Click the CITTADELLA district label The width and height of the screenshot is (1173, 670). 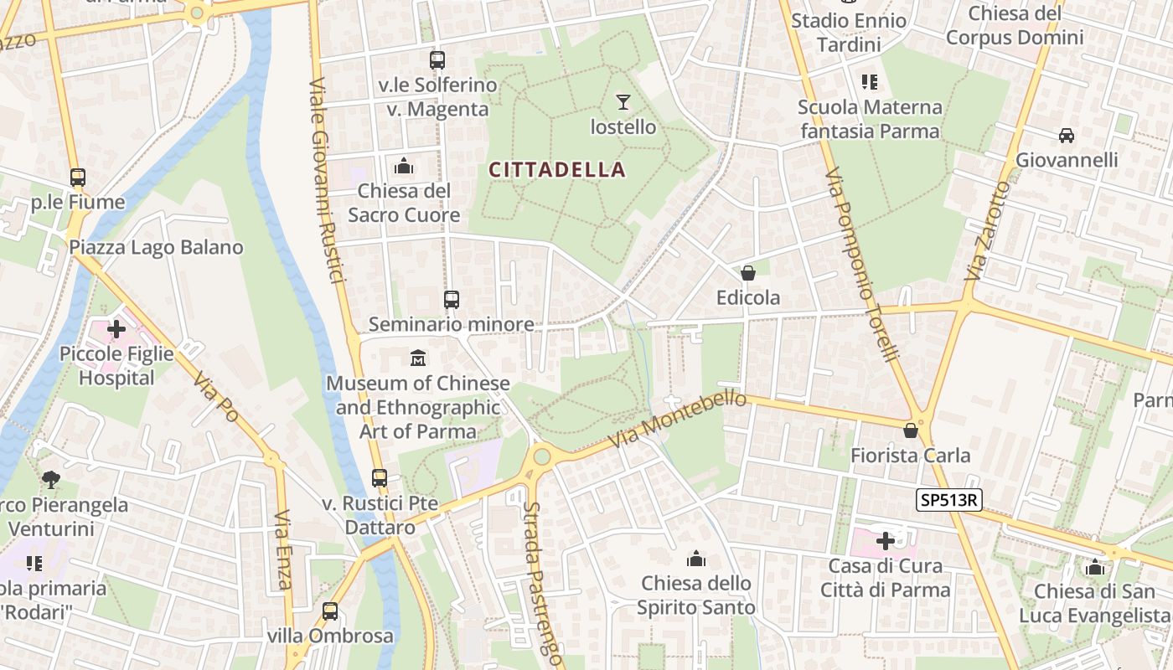[x=557, y=170]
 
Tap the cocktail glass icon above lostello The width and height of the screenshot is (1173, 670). [x=623, y=102]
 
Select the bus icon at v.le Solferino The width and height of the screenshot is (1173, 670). [x=437, y=60]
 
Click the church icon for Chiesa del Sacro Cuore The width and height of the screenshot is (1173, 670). [x=404, y=166]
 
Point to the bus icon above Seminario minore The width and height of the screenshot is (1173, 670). [x=452, y=299]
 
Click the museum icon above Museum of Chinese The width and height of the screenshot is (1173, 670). [x=418, y=358]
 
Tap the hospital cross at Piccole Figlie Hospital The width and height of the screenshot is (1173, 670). [x=116, y=329]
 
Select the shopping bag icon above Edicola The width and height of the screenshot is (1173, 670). [x=748, y=273]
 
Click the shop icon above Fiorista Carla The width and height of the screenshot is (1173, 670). [x=911, y=430]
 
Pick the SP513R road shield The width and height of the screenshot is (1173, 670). [x=948, y=500]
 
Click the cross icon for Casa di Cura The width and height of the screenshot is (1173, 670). [x=886, y=541]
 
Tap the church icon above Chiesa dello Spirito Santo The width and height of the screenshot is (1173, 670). [x=696, y=559]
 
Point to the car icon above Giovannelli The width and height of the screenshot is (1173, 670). [x=1067, y=135]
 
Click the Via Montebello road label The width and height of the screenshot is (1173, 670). [x=678, y=419]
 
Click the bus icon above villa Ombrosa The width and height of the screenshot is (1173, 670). [x=330, y=611]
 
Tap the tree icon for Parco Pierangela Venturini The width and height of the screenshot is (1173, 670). [x=51, y=479]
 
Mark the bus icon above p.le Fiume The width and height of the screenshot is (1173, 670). [x=78, y=178]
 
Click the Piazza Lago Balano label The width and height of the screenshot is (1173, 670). [x=156, y=248]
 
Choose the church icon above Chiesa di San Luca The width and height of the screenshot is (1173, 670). [x=1094, y=567]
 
